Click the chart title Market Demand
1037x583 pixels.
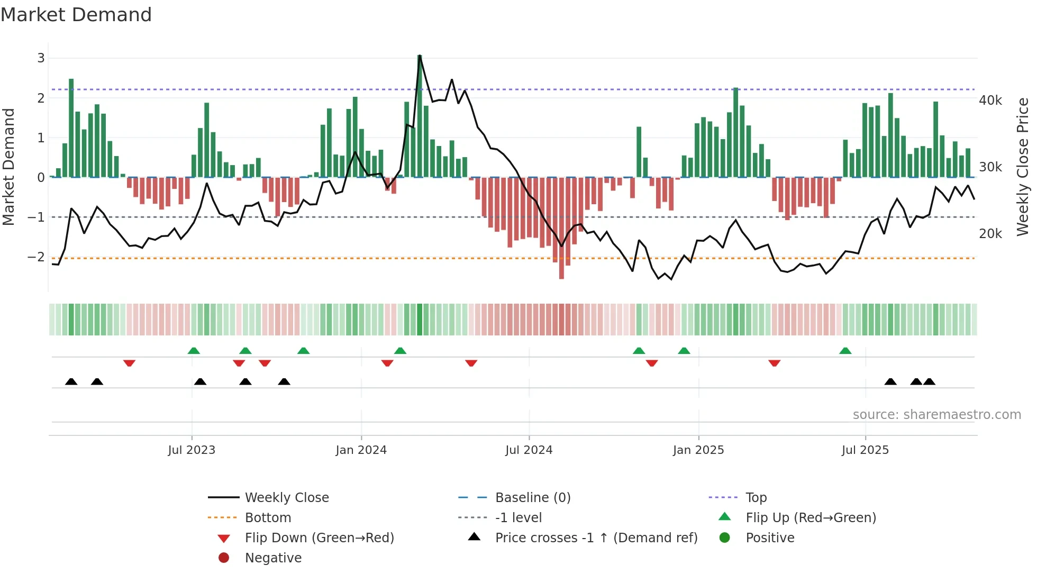(x=76, y=15)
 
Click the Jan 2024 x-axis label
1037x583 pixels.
(x=361, y=450)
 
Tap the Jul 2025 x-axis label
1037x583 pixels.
(x=865, y=450)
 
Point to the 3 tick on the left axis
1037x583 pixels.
(x=41, y=58)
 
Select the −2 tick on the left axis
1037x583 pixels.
(x=37, y=257)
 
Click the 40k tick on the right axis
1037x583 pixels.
(x=990, y=101)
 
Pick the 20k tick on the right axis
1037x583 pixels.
(x=990, y=234)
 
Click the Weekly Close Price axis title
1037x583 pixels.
(x=1023, y=167)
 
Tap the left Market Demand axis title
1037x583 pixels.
(x=9, y=167)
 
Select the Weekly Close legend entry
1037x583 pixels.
(x=286, y=498)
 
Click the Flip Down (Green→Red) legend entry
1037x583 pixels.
(x=319, y=538)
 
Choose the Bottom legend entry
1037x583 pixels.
(x=268, y=518)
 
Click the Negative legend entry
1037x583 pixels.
(x=273, y=558)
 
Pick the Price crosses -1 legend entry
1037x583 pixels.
(x=596, y=538)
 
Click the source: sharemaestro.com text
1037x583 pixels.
(x=936, y=415)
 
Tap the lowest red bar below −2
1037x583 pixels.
(x=561, y=227)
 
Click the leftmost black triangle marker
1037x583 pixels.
(x=71, y=382)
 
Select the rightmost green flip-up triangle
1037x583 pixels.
(x=845, y=351)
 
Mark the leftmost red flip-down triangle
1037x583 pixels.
(x=129, y=363)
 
